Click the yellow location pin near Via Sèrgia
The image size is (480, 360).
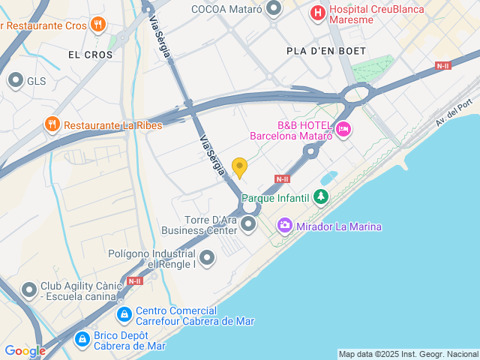239,167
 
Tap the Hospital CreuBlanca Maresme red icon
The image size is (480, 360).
319,13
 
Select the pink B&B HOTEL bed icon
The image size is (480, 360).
343,130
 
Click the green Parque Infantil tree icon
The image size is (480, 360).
321,197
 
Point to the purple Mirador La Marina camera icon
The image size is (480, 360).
284,224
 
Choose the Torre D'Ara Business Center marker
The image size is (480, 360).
249,222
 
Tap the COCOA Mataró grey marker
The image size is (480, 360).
274,9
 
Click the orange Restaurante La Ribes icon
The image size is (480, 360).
52,124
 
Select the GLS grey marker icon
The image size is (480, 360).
15,80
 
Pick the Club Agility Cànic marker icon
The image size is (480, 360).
29,289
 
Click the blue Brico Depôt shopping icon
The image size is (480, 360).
81,339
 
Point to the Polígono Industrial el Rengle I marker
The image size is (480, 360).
207,258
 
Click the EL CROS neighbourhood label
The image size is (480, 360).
90,55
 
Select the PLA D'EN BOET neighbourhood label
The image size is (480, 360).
326,50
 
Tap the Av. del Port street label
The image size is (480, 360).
457,112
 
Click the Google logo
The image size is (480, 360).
25,350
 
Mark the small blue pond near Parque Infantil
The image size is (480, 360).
328,178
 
